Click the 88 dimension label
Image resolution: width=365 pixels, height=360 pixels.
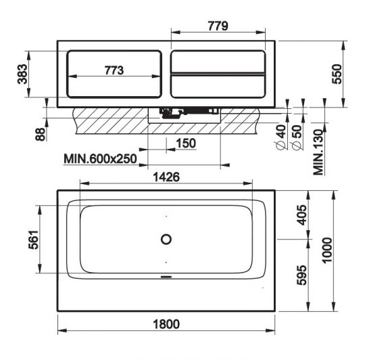(41, 134)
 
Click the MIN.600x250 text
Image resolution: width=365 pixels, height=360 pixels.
(101, 159)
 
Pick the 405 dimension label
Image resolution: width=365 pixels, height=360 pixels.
(301, 215)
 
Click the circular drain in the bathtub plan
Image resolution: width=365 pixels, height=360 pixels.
(166, 239)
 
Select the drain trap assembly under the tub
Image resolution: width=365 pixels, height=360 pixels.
(186, 112)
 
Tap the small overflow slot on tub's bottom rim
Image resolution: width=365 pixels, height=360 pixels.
(166, 276)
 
